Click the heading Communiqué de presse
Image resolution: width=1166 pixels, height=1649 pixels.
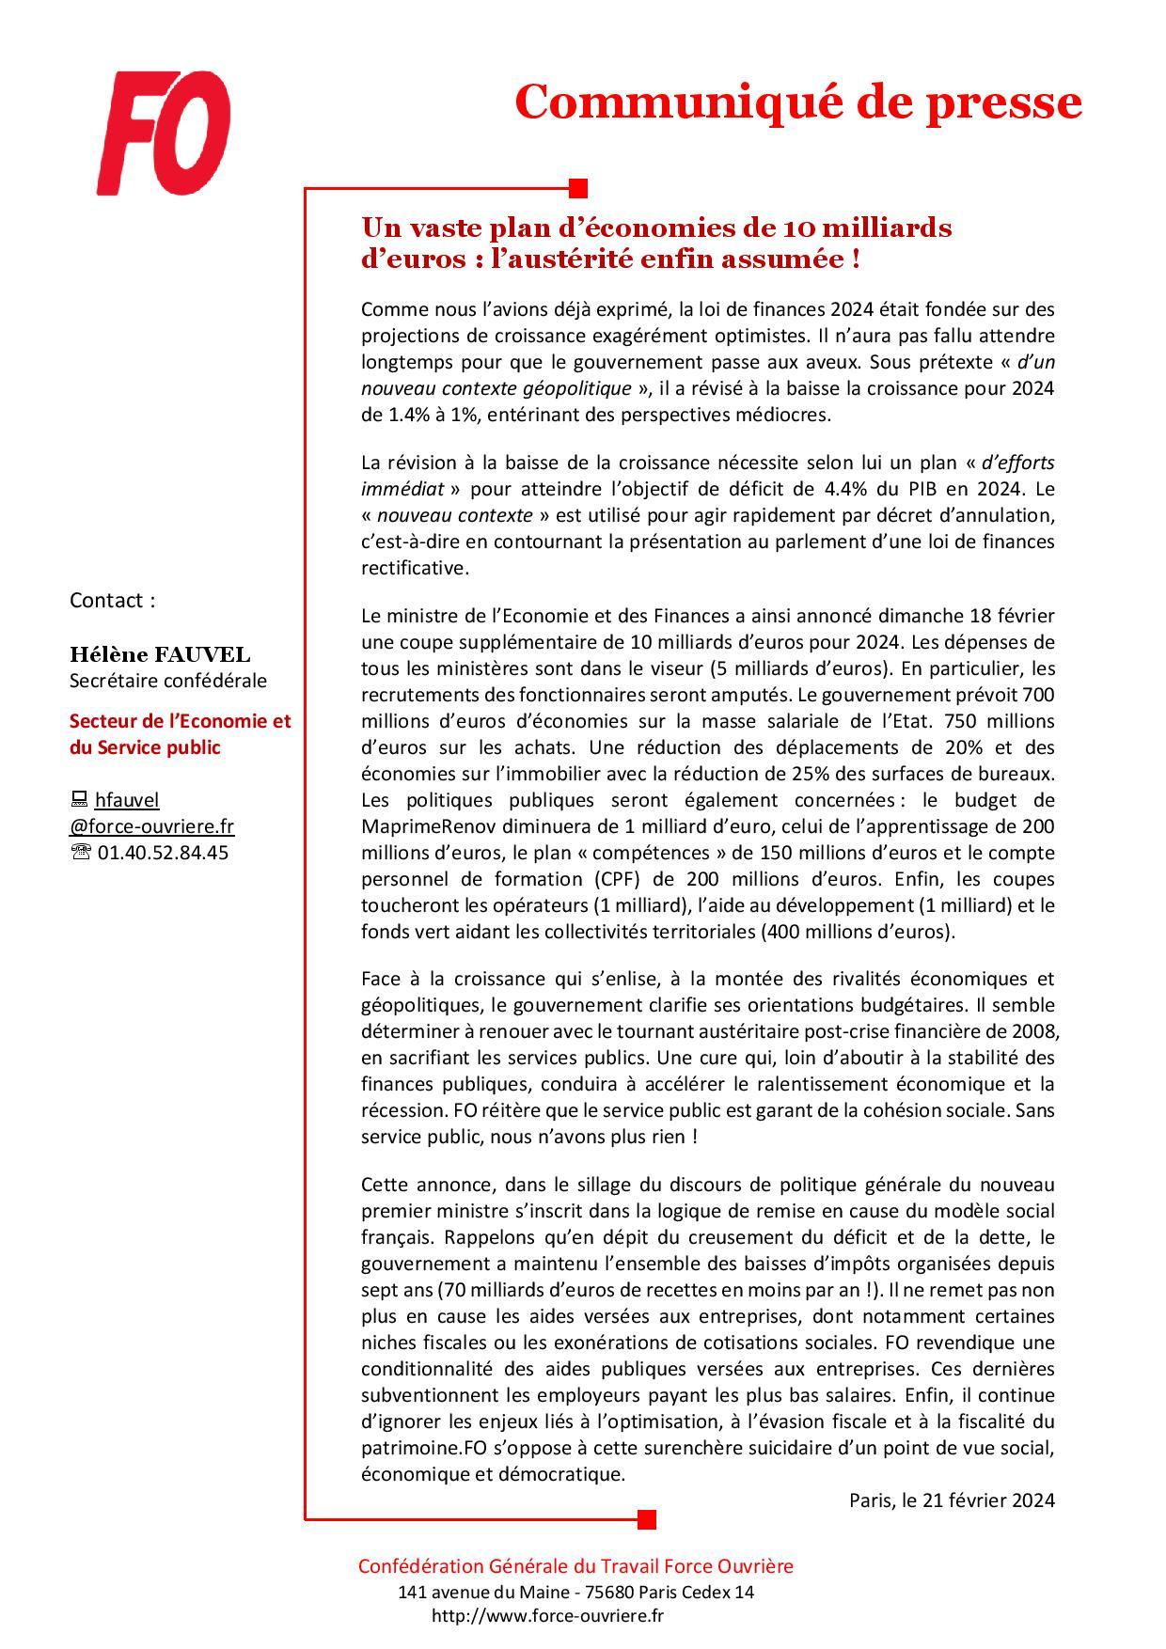tap(797, 102)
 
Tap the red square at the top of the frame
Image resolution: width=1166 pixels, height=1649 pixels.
tap(578, 187)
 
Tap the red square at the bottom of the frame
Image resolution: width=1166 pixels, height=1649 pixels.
tap(646, 1518)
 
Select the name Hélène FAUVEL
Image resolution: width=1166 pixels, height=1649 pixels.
tap(160, 654)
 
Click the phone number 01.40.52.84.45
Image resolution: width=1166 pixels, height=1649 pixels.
tap(162, 853)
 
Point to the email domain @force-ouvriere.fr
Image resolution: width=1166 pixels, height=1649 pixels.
tap(152, 826)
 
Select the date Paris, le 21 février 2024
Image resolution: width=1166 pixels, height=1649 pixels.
tap(952, 1500)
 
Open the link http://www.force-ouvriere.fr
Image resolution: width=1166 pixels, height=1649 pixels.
tap(547, 1616)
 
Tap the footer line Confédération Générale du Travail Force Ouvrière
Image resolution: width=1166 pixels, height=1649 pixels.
tap(575, 1566)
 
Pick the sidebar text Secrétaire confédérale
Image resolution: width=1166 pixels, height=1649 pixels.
tap(168, 681)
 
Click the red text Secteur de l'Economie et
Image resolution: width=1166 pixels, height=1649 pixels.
tap(181, 721)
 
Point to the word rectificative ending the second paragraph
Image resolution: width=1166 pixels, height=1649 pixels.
tap(413, 568)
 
